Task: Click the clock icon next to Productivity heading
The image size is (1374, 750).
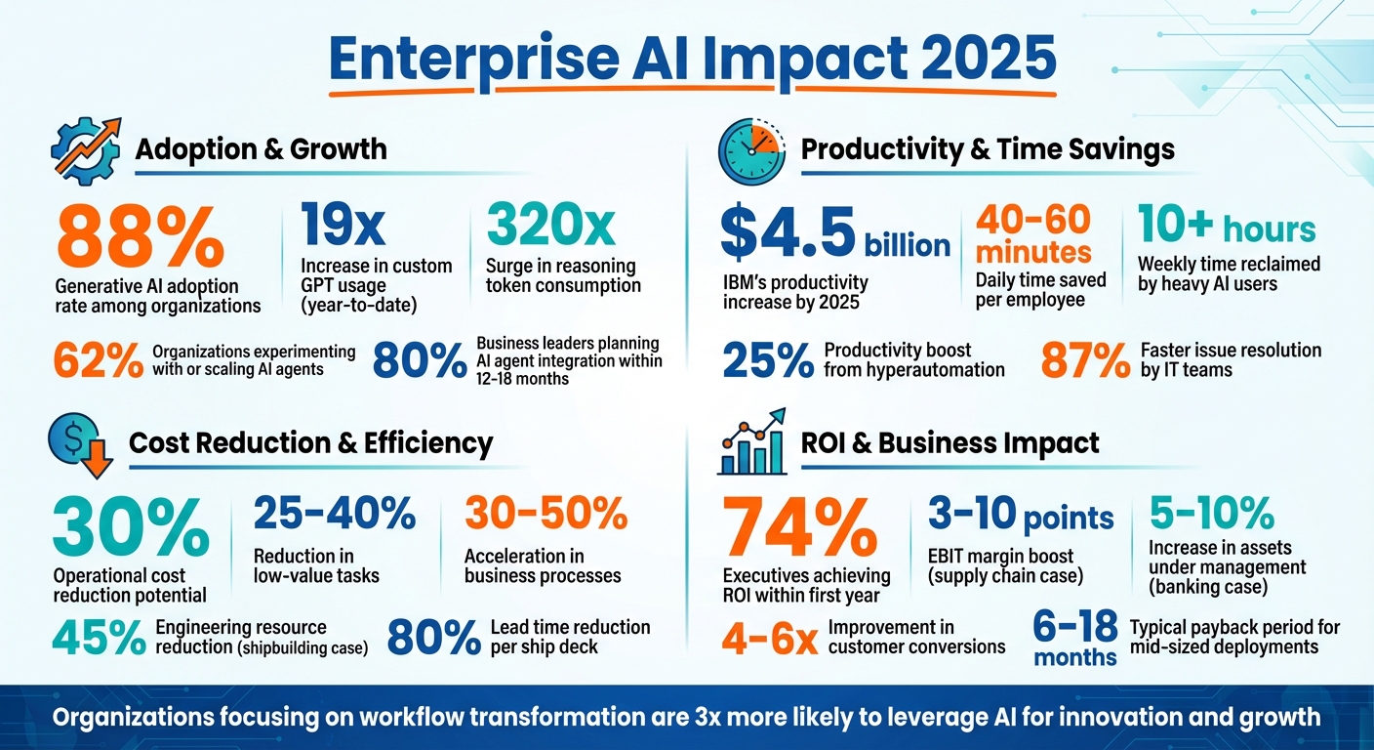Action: point(750,151)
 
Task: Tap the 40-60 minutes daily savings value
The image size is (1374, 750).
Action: point(1033,234)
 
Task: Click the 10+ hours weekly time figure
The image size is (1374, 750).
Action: point(1227,228)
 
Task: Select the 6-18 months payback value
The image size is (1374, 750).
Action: point(1074,638)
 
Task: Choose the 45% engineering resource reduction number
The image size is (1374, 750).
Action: point(98,638)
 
